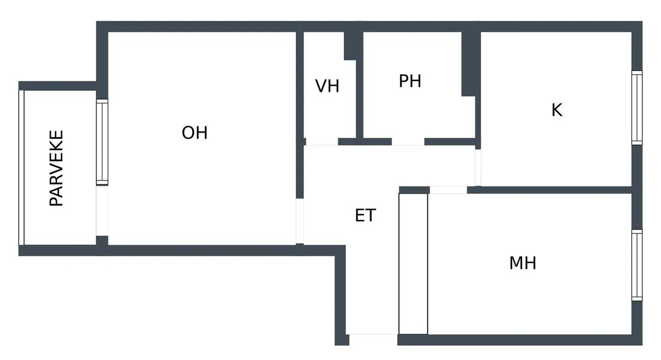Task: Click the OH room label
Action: click(194, 133)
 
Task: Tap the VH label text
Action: click(327, 86)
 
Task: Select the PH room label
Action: click(410, 81)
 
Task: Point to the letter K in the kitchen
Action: click(557, 110)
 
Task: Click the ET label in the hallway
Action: click(365, 215)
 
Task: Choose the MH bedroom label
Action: click(523, 263)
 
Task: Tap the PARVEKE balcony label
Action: click(56, 168)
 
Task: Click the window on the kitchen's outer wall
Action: click(637, 108)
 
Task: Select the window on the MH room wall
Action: click(637, 265)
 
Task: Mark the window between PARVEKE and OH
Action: click(102, 142)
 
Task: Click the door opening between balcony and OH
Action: click(102, 211)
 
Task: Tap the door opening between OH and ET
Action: click(300, 221)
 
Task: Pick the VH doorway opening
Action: click(322, 142)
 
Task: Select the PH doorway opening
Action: click(408, 142)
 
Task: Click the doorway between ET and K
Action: click(478, 167)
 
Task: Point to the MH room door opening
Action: click(448, 190)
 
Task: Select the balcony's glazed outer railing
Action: click(21, 167)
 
